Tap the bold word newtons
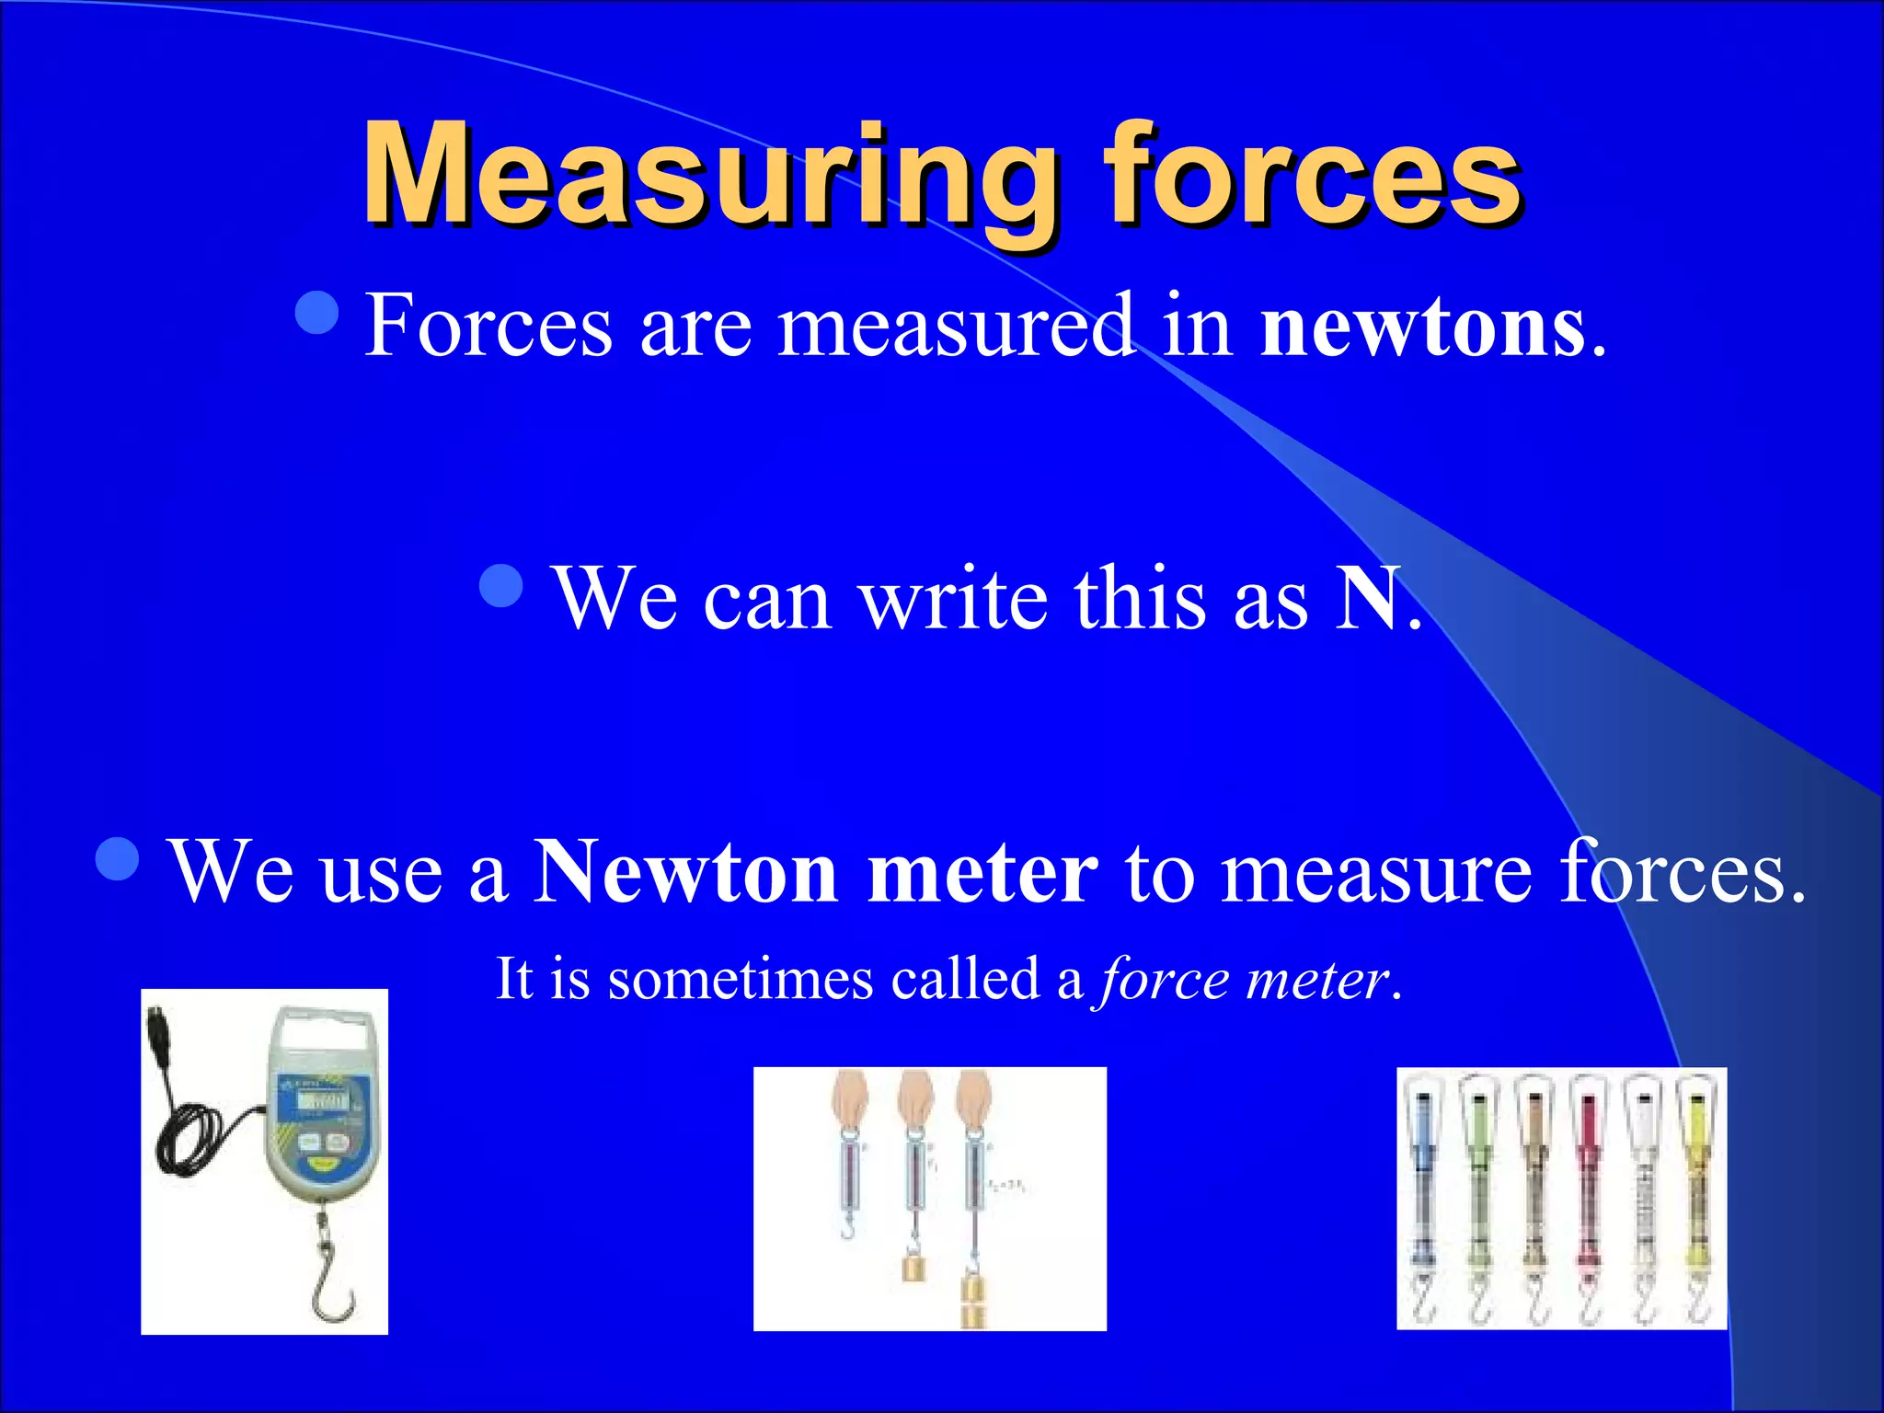click(x=1422, y=326)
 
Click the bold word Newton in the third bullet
click(x=685, y=871)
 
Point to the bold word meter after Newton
click(x=982, y=871)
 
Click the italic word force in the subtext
click(x=1164, y=979)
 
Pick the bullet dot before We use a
click(x=117, y=858)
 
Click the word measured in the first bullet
click(x=957, y=326)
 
